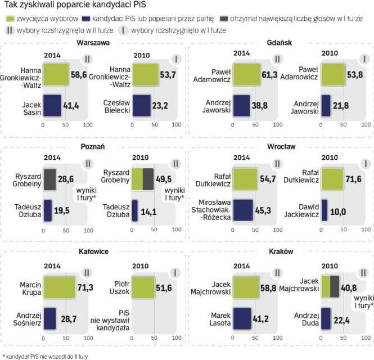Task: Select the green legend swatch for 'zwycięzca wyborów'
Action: point(10,19)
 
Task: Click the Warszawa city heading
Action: point(93,43)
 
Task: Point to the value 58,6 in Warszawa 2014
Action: point(79,74)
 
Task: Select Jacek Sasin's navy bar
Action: point(52,105)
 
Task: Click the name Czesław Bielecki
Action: point(118,105)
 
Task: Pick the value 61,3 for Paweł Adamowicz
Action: point(268,74)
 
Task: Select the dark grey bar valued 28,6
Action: point(50,179)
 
